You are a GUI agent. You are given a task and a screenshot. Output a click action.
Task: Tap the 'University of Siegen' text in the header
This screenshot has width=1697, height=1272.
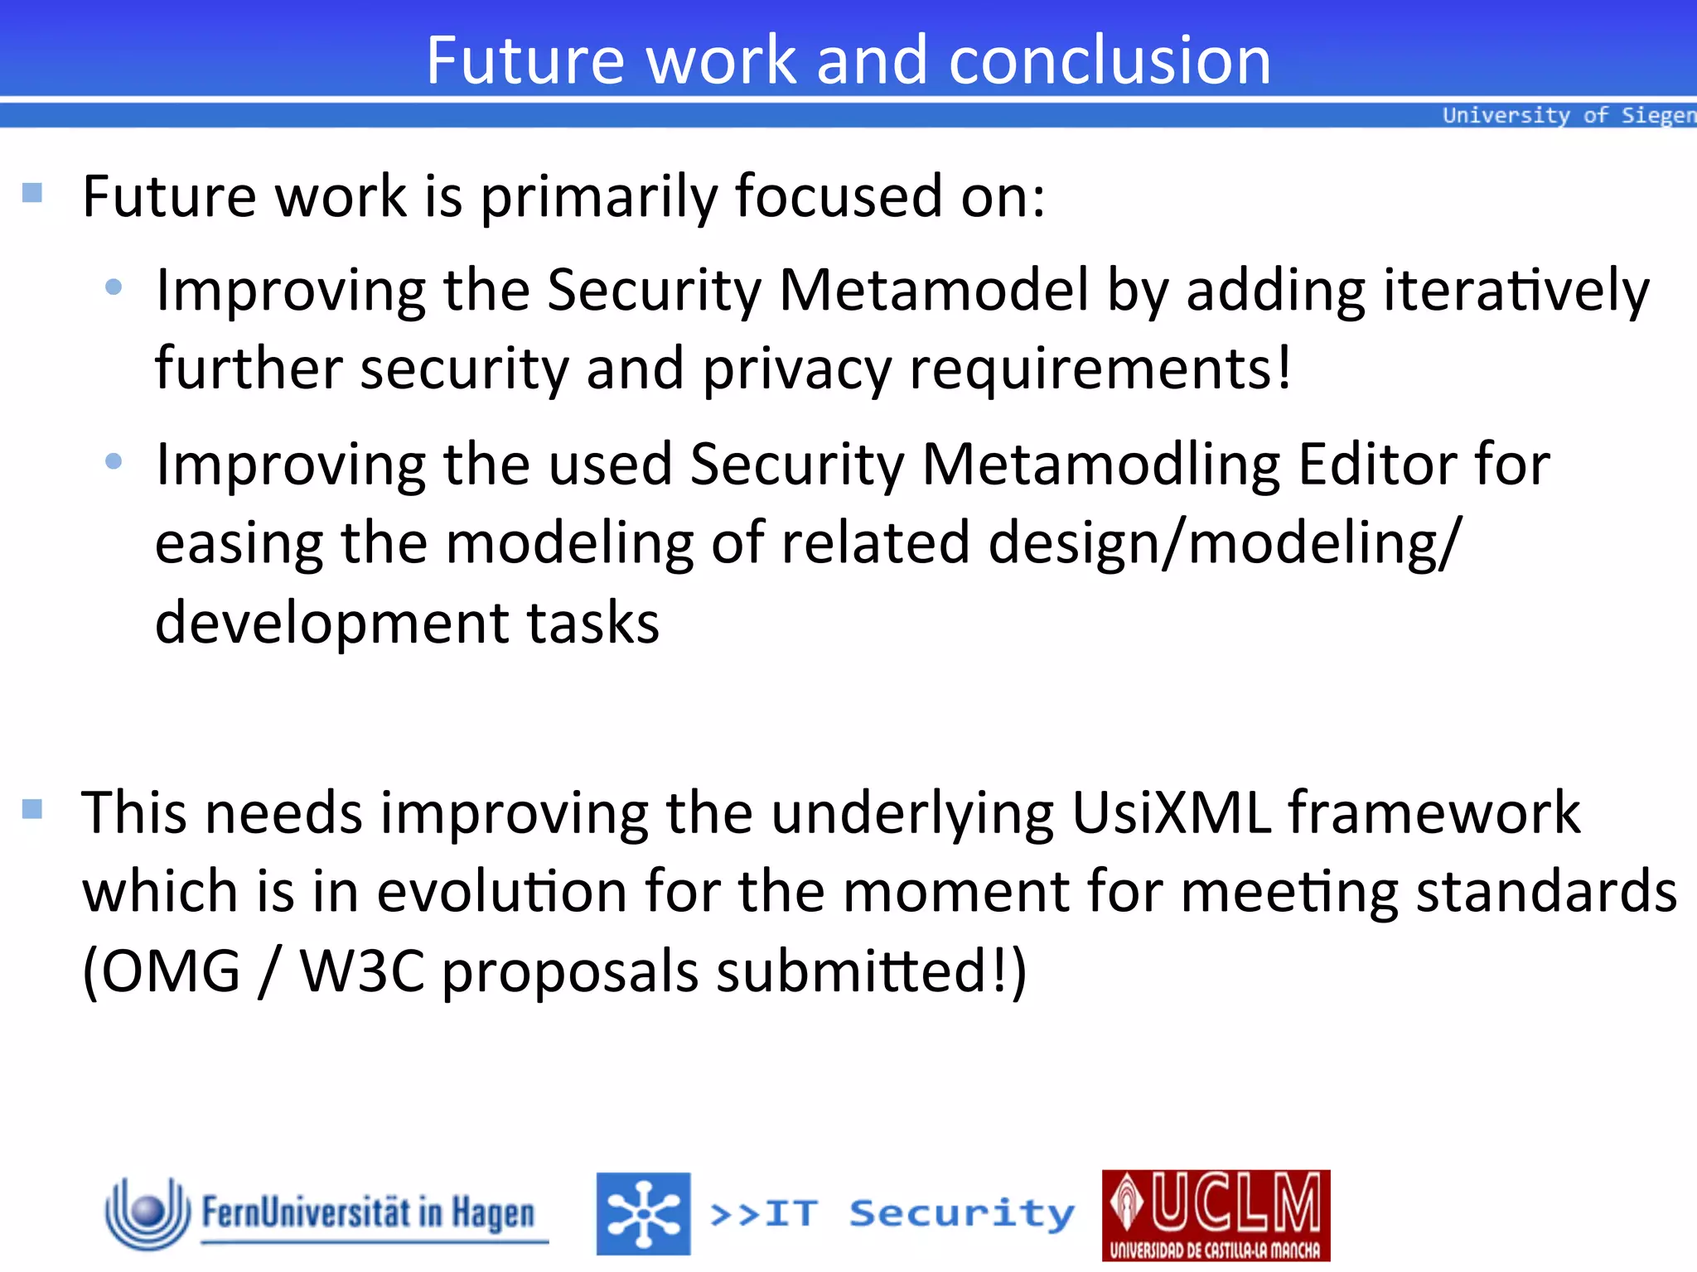pos(1569,115)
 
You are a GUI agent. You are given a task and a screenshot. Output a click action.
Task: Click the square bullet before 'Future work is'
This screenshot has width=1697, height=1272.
pos(32,193)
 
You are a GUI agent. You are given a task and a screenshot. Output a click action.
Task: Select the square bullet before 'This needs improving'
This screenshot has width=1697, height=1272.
pos(32,808)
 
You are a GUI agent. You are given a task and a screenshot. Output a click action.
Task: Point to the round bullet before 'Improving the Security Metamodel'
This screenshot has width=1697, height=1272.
pos(114,287)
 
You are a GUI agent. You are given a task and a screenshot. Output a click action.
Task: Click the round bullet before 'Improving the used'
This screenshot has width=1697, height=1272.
pos(114,461)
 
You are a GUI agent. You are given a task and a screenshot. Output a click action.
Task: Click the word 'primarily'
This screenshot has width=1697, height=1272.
pos(599,198)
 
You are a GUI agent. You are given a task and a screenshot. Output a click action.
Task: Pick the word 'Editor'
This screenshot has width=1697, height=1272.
pos(1376,465)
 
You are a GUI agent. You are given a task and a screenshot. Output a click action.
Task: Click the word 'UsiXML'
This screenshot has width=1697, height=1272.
pos(1171,812)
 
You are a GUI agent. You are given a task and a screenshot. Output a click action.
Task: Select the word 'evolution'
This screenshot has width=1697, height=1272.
pos(501,892)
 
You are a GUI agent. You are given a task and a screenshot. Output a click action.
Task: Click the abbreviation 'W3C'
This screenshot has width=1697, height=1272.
pos(362,971)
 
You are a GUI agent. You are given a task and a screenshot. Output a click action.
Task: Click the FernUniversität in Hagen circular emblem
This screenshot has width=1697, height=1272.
pos(147,1212)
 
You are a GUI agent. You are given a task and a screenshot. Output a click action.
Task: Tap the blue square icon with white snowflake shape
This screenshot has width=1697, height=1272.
pos(643,1213)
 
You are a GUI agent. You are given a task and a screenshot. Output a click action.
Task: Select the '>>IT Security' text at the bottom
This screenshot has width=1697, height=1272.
pos(892,1214)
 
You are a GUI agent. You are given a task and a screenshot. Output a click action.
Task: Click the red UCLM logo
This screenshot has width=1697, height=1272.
pos(1216,1215)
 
